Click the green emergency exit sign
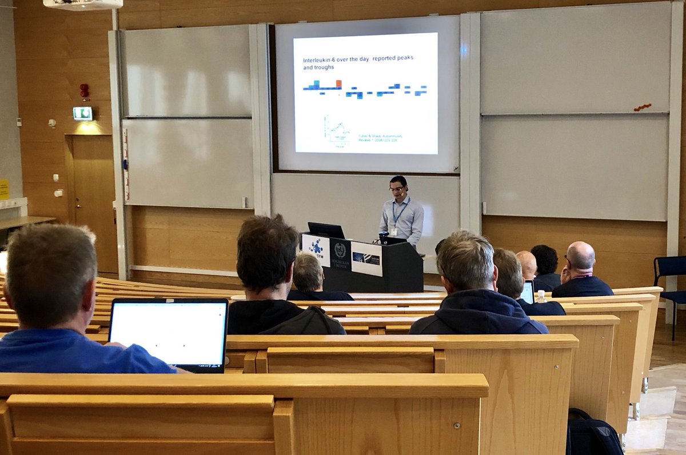(82, 113)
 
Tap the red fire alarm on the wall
(84, 90)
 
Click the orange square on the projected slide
(338, 84)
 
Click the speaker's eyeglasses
(396, 189)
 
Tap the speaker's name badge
(393, 230)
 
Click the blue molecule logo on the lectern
(316, 246)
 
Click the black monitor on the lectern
(326, 230)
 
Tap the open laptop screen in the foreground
(168, 332)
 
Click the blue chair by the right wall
(670, 280)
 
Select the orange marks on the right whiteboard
(643, 107)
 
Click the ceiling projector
(83, 4)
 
